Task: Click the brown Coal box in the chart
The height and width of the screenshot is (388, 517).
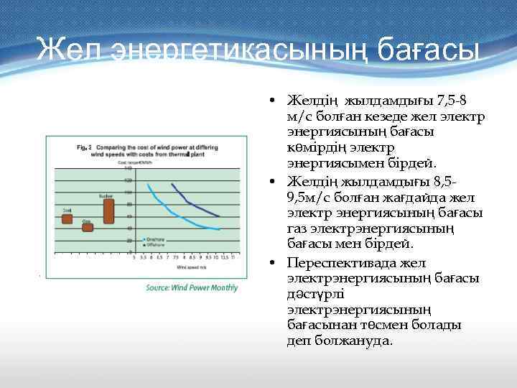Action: click(67, 218)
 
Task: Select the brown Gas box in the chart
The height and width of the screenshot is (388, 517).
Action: click(88, 227)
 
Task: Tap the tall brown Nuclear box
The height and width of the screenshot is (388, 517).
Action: click(108, 211)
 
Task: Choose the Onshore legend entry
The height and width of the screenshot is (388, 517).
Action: click(155, 239)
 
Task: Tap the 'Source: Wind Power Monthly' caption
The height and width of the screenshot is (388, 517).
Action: click(192, 287)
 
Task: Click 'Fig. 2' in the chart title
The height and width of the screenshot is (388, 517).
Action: click(84, 147)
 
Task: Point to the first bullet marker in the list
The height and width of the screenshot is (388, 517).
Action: click(275, 101)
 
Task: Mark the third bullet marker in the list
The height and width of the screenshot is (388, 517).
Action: click(275, 263)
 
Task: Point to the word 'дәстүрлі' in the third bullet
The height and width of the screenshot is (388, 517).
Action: click(312, 294)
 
